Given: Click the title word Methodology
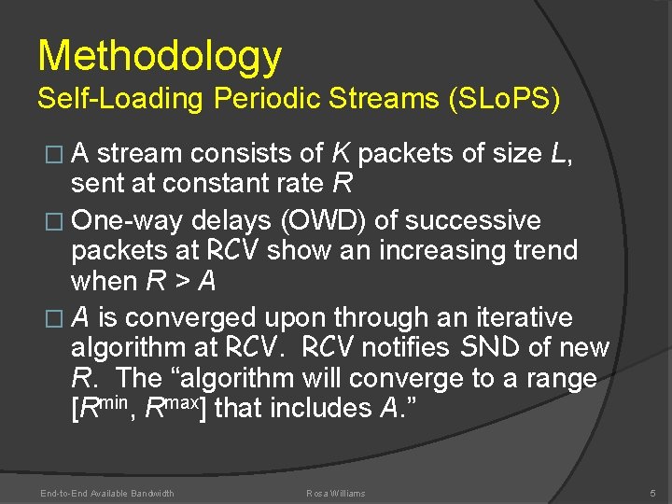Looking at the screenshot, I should (159, 56).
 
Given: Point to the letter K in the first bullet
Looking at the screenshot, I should (341, 152).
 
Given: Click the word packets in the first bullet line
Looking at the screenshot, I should (412, 152).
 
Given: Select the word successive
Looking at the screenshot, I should (473, 220).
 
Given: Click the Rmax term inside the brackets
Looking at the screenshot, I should (173, 407).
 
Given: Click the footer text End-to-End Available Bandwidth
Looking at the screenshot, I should (107, 493).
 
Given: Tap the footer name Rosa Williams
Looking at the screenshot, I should (336, 493).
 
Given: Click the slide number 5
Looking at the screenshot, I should (651, 493).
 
